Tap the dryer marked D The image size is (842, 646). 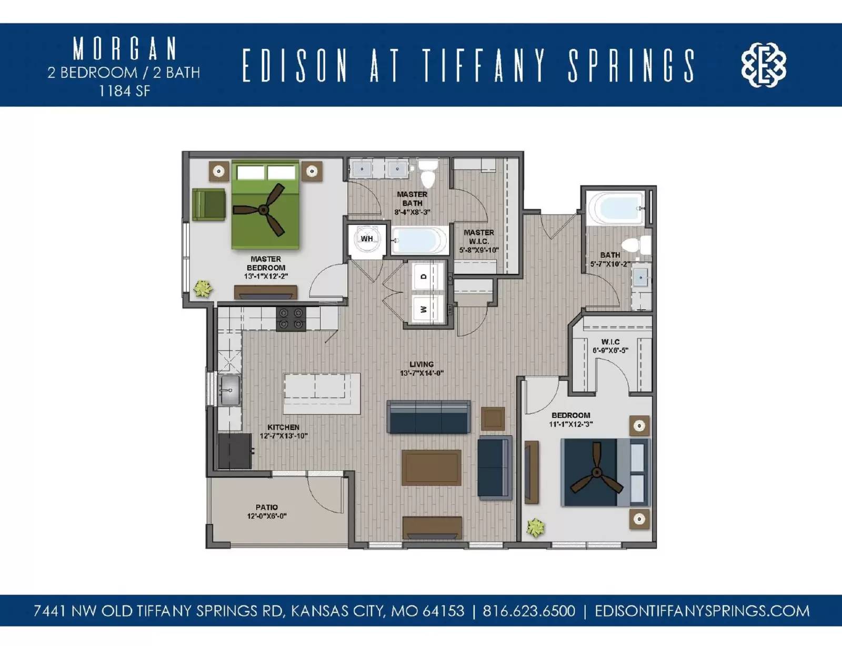point(424,276)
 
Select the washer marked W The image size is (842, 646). point(424,309)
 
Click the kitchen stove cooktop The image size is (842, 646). point(291,319)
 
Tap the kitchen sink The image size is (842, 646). point(230,390)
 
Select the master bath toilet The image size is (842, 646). point(428,173)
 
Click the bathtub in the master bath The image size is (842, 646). point(419,241)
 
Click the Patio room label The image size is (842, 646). point(267,507)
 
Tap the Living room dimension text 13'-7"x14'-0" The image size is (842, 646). point(422,373)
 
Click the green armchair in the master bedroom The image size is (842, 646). point(209,204)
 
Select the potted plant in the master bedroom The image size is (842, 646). point(203,288)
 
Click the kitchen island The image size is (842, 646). point(322,393)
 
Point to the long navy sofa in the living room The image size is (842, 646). point(428,416)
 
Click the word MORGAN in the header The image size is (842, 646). point(124,49)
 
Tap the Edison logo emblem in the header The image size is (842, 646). point(764,65)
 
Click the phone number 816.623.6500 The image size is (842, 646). point(528,611)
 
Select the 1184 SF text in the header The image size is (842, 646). point(124,91)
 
